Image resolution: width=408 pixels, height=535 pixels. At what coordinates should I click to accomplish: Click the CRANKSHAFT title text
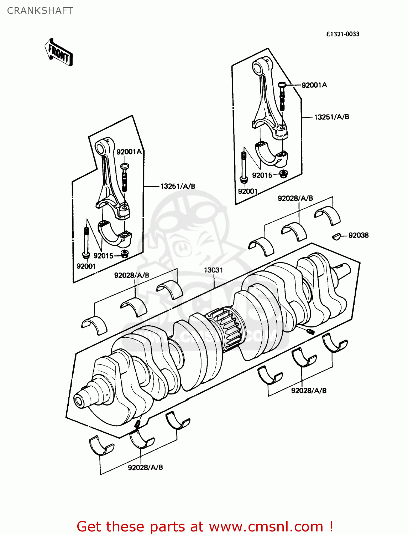pyautogui.click(x=40, y=11)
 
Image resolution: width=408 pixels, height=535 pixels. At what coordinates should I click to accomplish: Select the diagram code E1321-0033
pyautogui.click(x=343, y=34)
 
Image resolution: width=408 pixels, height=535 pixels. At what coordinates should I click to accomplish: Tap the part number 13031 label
pyautogui.click(x=214, y=270)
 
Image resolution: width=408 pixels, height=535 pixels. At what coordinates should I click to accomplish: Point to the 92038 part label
pyautogui.click(x=359, y=235)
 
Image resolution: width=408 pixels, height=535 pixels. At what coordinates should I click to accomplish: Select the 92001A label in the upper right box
pyautogui.click(x=314, y=85)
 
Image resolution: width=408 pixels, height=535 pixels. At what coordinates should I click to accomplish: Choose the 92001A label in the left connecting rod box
pyautogui.click(x=129, y=152)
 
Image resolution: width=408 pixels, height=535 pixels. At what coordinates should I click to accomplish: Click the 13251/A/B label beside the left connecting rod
pyautogui.click(x=178, y=186)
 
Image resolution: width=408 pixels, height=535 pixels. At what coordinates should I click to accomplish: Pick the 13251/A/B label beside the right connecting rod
pyautogui.click(x=331, y=117)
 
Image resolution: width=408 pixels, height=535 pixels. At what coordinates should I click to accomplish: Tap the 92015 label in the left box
pyautogui.click(x=103, y=256)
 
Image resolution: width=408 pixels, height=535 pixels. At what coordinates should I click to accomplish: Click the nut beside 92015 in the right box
pyautogui.click(x=283, y=174)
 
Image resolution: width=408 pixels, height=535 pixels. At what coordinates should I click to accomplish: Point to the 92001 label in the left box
pyautogui.click(x=86, y=266)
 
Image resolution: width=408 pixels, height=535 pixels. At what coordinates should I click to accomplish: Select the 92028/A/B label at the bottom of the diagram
pyautogui.click(x=145, y=467)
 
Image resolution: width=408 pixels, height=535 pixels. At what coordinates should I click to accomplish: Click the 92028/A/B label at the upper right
pyautogui.click(x=295, y=198)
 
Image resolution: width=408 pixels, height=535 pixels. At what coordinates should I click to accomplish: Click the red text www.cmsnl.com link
pyautogui.click(x=266, y=526)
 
